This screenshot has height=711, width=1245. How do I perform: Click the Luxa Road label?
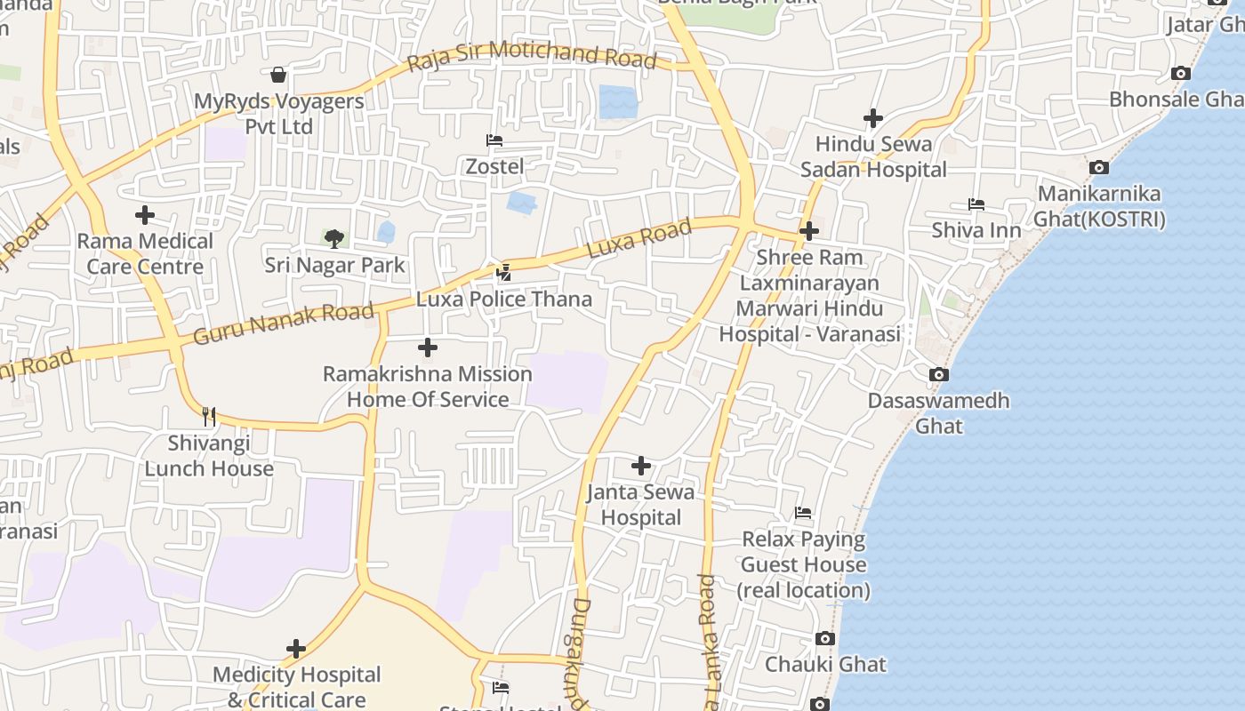(x=639, y=240)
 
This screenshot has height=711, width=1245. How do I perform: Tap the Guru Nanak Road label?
(x=283, y=324)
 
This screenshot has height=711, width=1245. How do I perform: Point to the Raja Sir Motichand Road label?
(x=531, y=56)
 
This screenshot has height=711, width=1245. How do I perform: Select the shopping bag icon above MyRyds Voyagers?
(x=278, y=75)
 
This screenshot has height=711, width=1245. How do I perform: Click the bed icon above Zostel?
(x=494, y=140)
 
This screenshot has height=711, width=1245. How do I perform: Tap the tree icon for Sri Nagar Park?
(x=333, y=238)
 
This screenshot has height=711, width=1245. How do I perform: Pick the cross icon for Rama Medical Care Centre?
(x=144, y=215)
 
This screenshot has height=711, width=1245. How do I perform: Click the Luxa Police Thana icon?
(x=503, y=273)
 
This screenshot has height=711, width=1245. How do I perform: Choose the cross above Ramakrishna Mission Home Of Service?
(x=428, y=348)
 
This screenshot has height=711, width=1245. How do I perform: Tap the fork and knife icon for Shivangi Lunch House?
(x=209, y=416)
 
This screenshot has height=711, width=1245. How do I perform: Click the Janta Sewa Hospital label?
(x=640, y=504)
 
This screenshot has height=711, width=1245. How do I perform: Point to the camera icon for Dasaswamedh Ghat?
(x=939, y=375)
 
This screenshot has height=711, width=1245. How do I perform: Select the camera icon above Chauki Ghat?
(x=825, y=639)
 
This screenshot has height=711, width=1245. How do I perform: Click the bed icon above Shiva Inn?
(x=976, y=204)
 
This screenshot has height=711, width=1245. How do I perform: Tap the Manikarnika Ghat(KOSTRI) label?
(x=1099, y=206)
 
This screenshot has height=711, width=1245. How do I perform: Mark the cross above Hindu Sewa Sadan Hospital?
(x=873, y=118)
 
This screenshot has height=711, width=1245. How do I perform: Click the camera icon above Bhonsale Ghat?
(x=1181, y=74)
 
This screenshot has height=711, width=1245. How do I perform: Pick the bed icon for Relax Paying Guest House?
(x=803, y=513)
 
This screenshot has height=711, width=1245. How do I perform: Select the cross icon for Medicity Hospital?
(x=296, y=649)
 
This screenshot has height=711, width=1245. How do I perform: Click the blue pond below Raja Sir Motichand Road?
(x=618, y=101)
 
